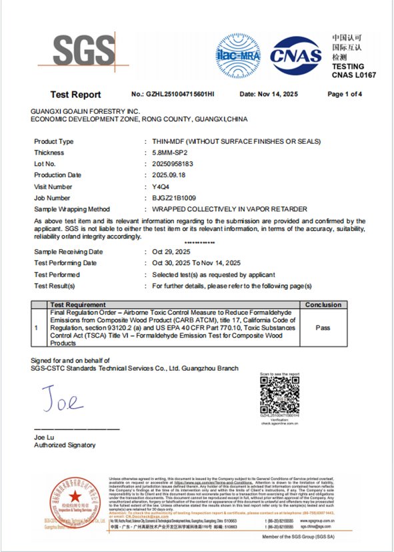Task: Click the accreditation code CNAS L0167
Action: click(x=354, y=75)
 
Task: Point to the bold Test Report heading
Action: click(x=76, y=95)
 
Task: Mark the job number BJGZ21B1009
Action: click(x=174, y=198)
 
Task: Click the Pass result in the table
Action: click(x=323, y=328)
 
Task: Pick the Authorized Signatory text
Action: click(x=65, y=445)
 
